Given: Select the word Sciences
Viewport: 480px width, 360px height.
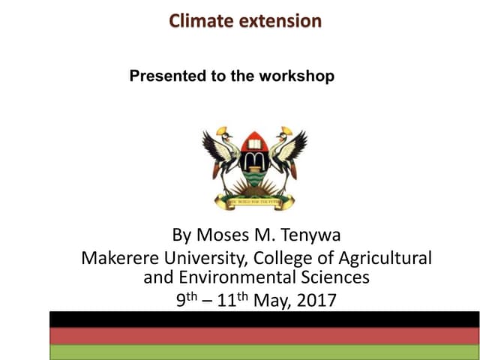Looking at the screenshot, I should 340,277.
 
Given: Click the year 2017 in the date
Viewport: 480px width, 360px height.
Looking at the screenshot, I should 317,301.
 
